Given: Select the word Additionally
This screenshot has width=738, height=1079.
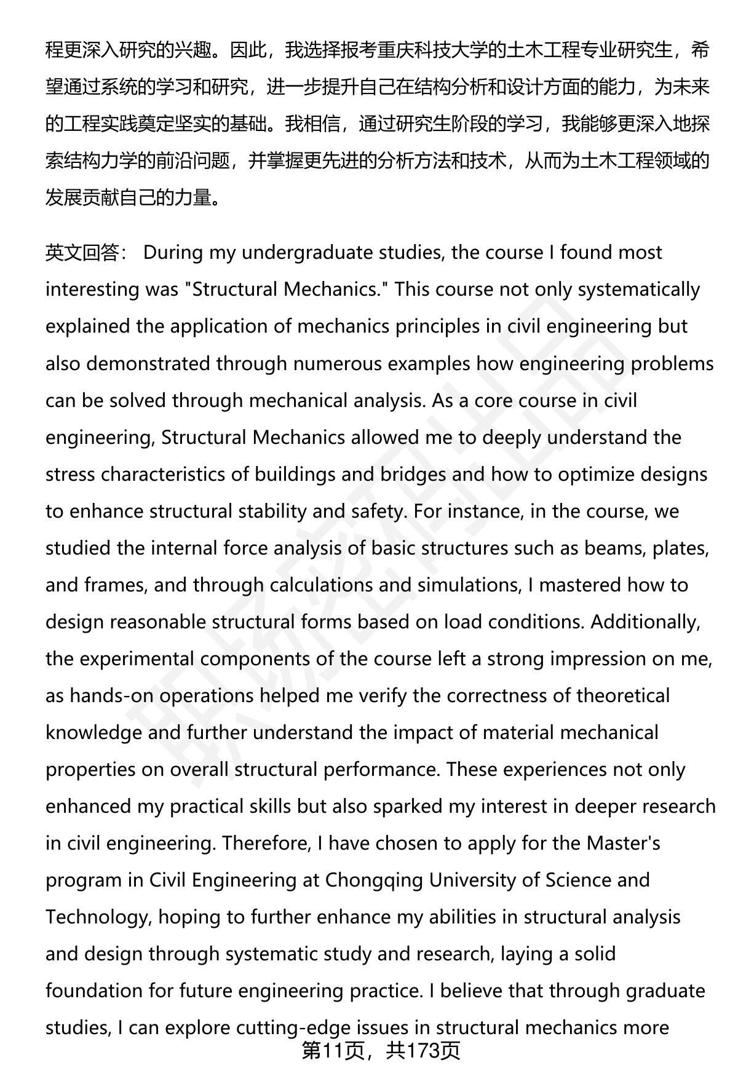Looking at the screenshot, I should click(x=645, y=622).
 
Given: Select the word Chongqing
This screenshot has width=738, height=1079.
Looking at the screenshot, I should click(x=374, y=880).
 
